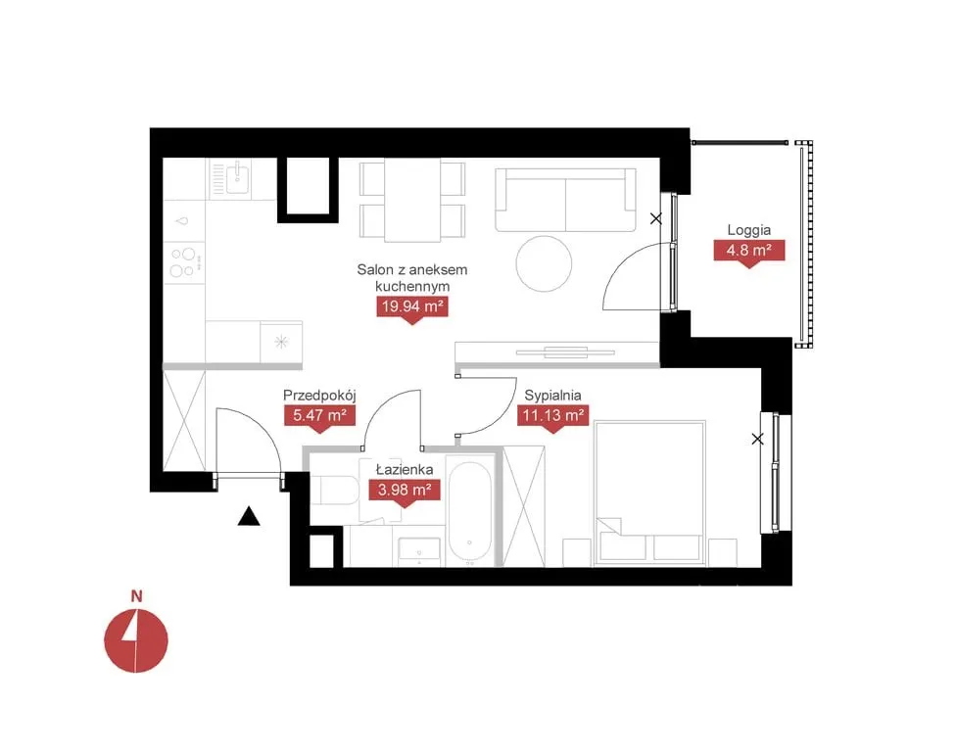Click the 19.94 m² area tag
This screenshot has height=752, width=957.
(412, 306)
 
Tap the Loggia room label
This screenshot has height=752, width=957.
(749, 230)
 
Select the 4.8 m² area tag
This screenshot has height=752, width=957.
(749, 251)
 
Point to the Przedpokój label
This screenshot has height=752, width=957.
(319, 396)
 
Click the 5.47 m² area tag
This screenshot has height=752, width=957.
(319, 416)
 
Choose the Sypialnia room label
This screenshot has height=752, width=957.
(553, 396)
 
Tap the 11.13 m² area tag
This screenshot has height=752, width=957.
(553, 416)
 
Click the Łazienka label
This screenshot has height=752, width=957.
(405, 469)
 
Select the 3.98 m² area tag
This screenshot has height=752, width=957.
(405, 491)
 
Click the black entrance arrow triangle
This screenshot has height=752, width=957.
(249, 516)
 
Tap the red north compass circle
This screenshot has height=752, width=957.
(135, 640)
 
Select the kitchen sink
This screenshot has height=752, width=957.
(236, 177)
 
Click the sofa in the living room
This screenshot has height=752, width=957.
(566, 200)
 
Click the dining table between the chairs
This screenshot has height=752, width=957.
(412, 201)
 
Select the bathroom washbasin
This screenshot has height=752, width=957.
(419, 550)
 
